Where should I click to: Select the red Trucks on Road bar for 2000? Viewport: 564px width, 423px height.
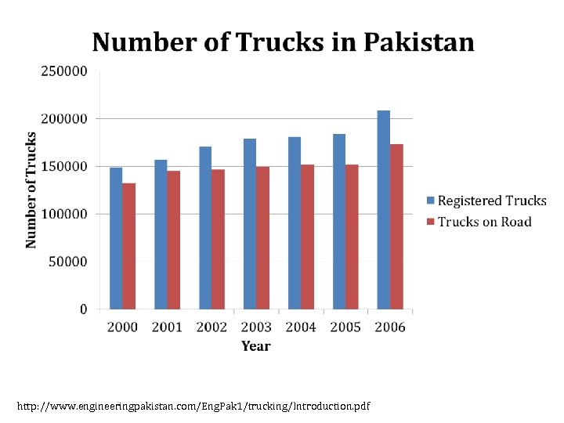click(128, 246)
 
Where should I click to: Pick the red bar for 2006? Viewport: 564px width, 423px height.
click(397, 226)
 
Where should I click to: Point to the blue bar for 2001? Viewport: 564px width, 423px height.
click(161, 234)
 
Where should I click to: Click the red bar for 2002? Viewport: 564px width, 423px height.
click(218, 239)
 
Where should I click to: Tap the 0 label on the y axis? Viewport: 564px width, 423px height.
click(83, 309)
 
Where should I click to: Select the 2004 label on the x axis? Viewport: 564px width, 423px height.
click(301, 327)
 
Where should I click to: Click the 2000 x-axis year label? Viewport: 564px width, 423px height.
click(122, 327)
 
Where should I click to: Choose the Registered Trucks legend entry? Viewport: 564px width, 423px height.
click(491, 201)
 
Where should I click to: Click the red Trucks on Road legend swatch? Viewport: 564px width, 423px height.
click(430, 222)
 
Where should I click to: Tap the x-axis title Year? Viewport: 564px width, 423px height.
click(256, 346)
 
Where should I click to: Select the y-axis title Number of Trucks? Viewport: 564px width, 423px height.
click(31, 190)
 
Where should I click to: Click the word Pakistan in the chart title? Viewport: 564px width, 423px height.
click(419, 42)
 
